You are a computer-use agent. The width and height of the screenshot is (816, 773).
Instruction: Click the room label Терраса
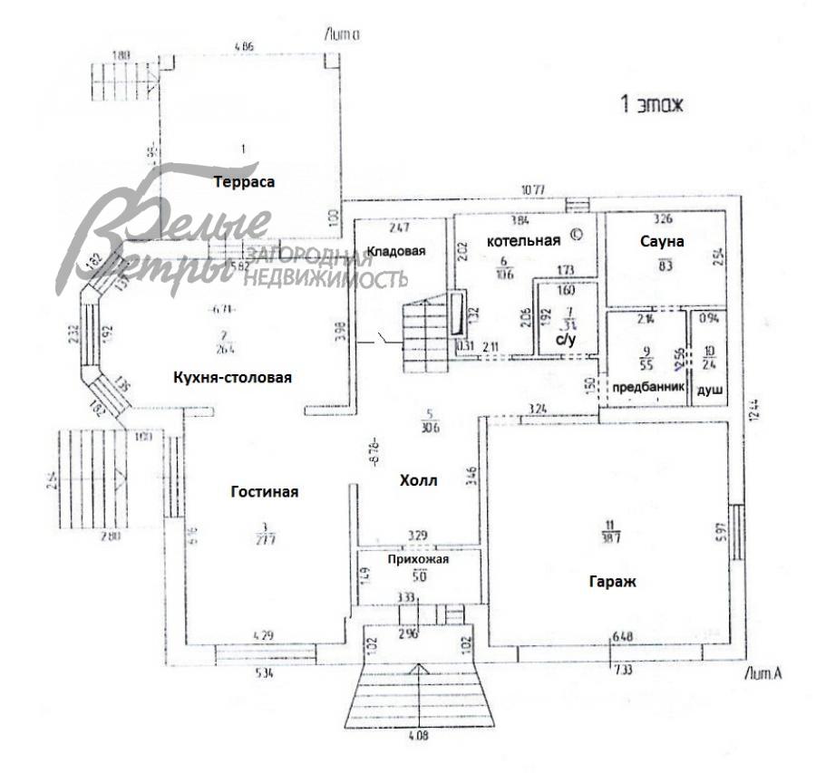(244, 181)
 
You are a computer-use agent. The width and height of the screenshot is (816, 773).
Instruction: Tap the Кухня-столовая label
(232, 377)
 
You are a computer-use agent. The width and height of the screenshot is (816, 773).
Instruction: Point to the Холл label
(418, 481)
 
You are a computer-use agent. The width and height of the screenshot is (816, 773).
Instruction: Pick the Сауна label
(662, 242)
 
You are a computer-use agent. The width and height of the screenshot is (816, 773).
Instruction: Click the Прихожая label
(418, 560)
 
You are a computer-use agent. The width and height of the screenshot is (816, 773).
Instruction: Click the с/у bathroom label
(566, 340)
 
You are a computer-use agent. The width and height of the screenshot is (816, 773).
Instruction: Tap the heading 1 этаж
(651, 105)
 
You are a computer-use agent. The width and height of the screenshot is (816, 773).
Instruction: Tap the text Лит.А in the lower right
(761, 673)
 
